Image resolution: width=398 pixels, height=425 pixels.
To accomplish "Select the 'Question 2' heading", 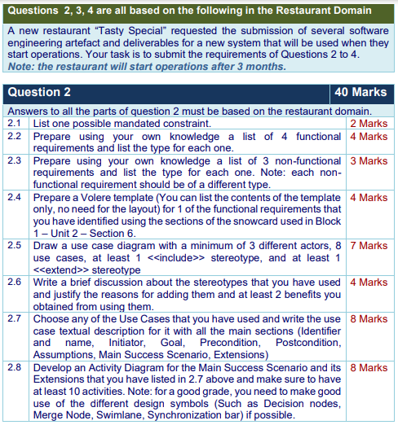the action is point(38,92).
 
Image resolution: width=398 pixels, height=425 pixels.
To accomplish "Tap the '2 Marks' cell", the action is point(369,124).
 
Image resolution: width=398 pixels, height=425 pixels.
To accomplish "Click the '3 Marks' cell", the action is point(369,160).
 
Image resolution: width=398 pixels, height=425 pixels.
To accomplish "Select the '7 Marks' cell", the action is point(369,246).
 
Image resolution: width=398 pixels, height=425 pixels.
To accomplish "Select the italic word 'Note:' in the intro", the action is point(20,65).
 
